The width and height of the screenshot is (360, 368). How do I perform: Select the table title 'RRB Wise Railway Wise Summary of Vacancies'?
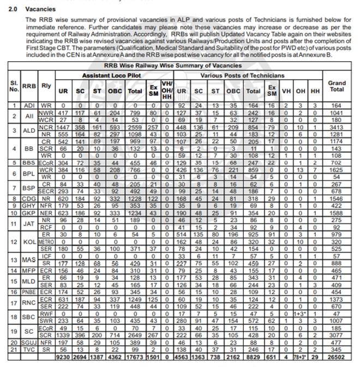click(x=180, y=66)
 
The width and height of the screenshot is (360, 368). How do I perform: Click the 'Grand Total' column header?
click(x=337, y=86)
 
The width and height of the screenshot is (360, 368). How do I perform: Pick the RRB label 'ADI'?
click(x=29, y=105)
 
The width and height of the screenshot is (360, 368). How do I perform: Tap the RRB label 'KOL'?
click(x=29, y=241)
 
